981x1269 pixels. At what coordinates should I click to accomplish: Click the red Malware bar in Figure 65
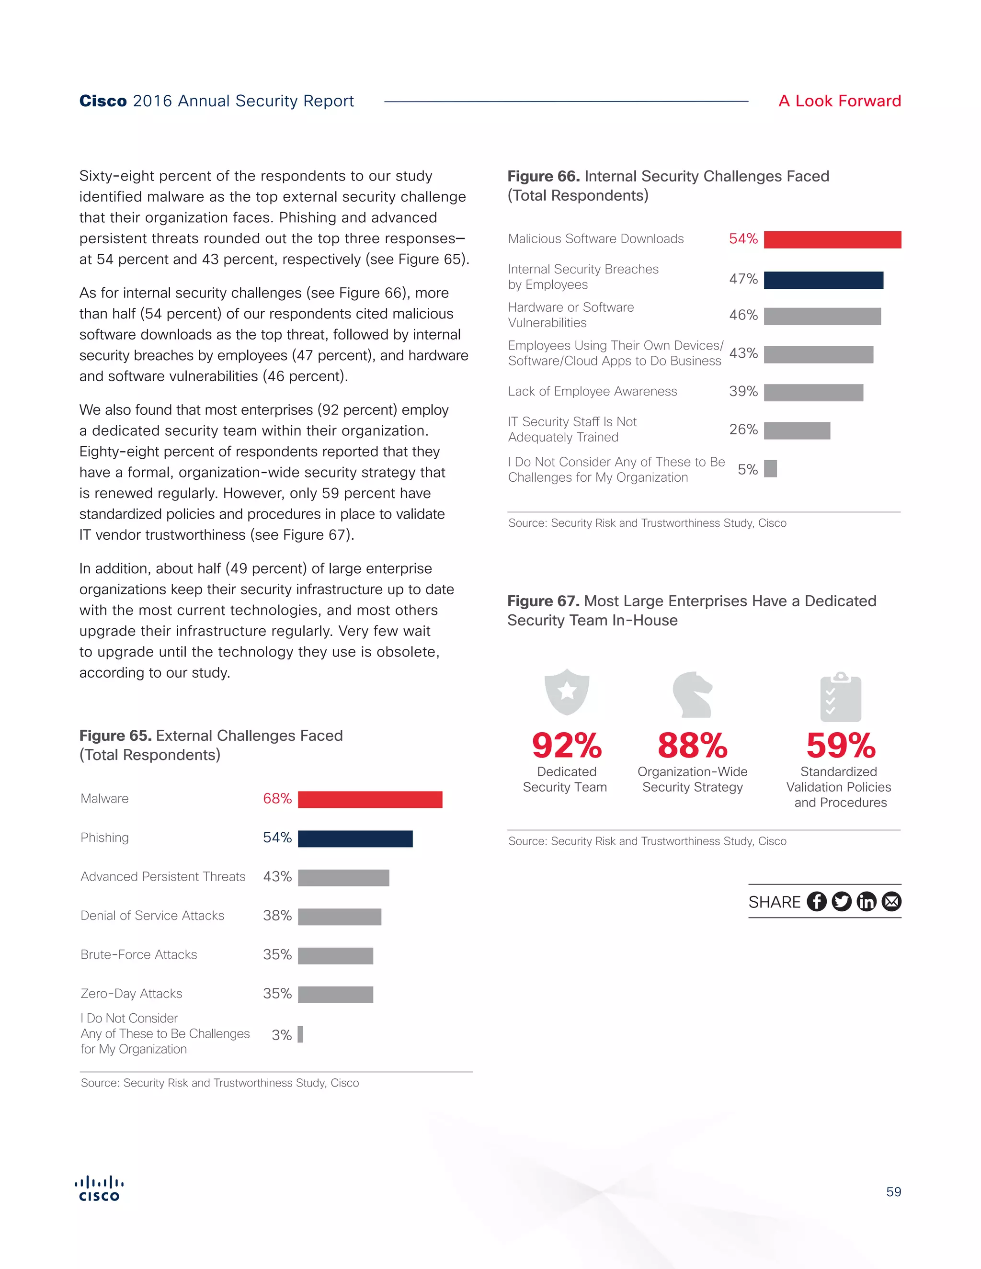370,800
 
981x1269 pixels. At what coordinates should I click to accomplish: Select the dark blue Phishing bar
355,838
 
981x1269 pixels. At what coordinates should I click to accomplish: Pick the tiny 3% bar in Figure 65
300,1034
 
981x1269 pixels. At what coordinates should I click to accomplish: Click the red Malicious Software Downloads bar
832,239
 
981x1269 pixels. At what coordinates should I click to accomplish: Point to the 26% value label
743,430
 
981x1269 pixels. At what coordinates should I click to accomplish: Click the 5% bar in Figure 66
770,469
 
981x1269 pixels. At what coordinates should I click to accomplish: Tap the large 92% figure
567,746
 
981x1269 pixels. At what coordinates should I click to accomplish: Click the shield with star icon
567,691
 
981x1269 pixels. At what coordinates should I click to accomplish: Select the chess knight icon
692,694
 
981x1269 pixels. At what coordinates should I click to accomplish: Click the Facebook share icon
817,902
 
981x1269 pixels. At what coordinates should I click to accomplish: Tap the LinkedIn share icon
866,902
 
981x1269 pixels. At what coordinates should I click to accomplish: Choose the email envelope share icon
891,902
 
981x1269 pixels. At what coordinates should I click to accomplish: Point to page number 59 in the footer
893,1192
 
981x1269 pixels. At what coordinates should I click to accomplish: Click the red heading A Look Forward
840,101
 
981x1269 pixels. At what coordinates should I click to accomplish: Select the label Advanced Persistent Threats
163,877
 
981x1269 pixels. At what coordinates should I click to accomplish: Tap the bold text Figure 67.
543,601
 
